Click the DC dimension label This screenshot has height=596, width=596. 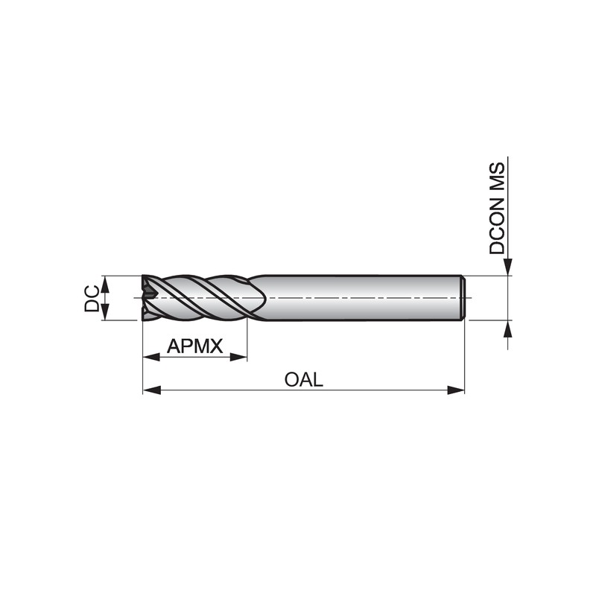point(92,299)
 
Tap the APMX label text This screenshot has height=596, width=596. point(194,346)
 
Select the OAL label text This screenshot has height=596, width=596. point(304,379)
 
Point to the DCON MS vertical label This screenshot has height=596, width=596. point(497,209)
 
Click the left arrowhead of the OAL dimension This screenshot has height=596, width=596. point(152,390)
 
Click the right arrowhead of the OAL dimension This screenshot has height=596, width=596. point(456,390)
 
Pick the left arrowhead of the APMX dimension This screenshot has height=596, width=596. point(152,357)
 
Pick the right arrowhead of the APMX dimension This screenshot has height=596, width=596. point(238,357)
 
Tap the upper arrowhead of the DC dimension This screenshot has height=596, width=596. point(106,285)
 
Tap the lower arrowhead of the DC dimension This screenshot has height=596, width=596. point(106,311)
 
